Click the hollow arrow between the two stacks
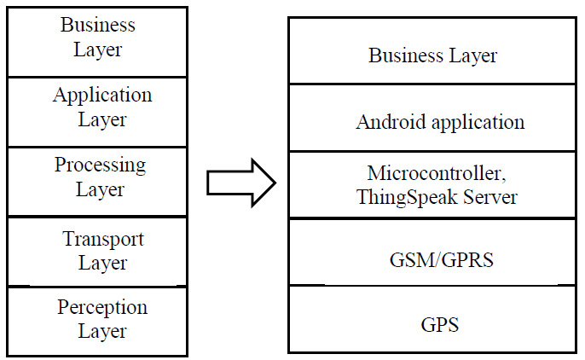click(x=240, y=182)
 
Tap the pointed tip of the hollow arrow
click(x=275, y=182)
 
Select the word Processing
click(x=100, y=165)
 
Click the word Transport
click(x=102, y=239)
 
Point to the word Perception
click(x=102, y=307)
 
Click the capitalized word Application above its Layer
click(x=102, y=96)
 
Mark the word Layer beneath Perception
click(x=102, y=331)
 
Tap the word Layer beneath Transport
click(x=102, y=263)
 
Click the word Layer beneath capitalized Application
click(x=102, y=119)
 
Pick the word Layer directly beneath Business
click(x=97, y=49)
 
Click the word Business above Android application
click(x=401, y=56)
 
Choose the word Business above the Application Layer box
click(x=97, y=25)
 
